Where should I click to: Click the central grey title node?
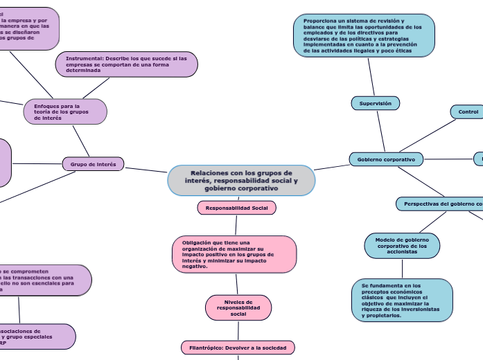click(241, 181)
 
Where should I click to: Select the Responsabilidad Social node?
click(236, 208)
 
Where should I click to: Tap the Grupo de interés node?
click(94, 164)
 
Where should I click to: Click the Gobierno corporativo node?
click(386, 159)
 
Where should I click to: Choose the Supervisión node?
click(375, 103)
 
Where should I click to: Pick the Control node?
click(468, 111)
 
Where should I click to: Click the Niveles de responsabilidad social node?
click(238, 307)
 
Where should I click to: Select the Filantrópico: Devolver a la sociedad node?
click(238, 347)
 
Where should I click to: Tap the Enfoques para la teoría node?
click(65, 111)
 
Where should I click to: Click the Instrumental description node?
click(126, 64)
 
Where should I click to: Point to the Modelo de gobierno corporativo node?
click(402, 246)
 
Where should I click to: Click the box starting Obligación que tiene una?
click(234, 254)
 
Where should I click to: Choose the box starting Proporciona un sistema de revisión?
click(363, 36)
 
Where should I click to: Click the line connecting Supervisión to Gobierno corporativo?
click(380, 132)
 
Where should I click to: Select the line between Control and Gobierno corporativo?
click(430, 136)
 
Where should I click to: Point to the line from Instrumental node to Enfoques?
click(97, 88)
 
